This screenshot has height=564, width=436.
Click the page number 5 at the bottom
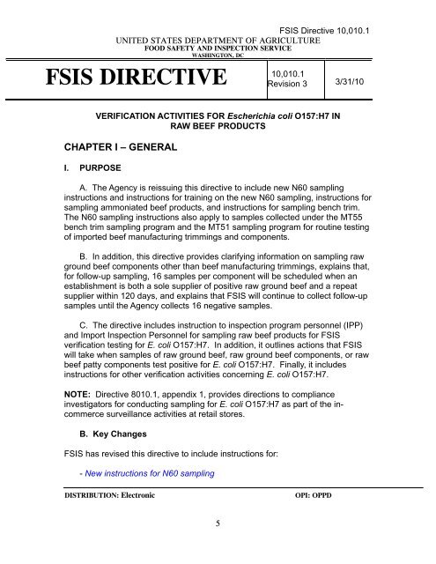coord(217,546)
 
